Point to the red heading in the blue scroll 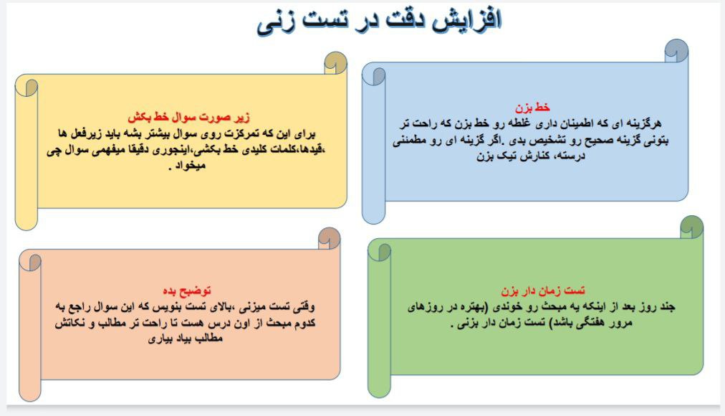coord(536,108)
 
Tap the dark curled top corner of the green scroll coord(691,226)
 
